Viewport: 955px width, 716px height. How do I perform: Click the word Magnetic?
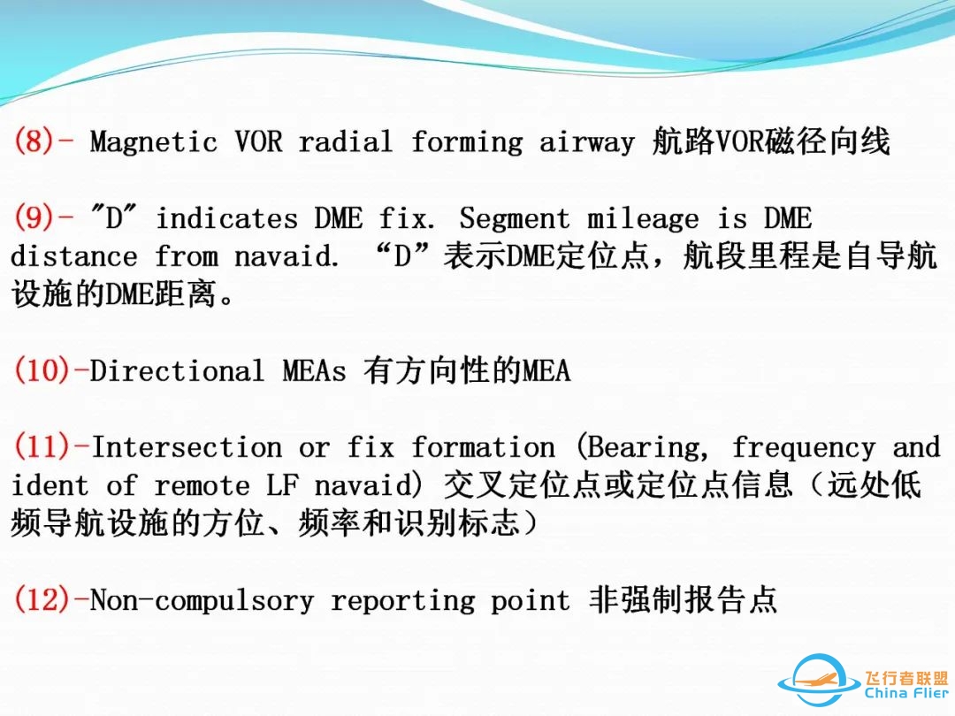click(x=154, y=142)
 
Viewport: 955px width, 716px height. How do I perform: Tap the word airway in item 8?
click(x=586, y=142)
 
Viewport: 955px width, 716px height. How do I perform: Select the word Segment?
click(x=515, y=218)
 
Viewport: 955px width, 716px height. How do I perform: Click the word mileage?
click(x=643, y=218)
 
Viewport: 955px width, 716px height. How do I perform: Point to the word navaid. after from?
click(x=286, y=257)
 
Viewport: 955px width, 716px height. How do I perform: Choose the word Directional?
click(x=177, y=370)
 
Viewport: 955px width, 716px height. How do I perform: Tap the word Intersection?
click(x=186, y=447)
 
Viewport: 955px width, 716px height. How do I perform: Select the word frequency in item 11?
click(x=803, y=447)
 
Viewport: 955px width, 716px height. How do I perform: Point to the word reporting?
click(x=402, y=601)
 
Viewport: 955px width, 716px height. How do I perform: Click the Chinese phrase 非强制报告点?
click(x=683, y=600)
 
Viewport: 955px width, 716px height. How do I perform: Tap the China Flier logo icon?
click(x=818, y=682)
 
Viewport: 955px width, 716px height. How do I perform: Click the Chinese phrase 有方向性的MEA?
click(x=467, y=370)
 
